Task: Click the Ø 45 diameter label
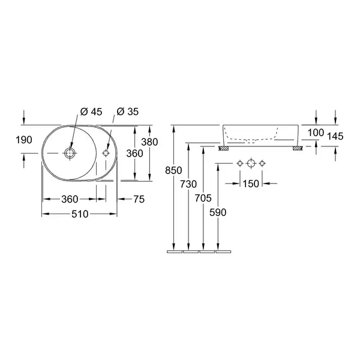pos(91,112)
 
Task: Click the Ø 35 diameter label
pos(128,112)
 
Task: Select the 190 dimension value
pos(24,140)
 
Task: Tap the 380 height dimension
pos(149,142)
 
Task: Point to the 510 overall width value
pos(80,214)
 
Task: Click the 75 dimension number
pos(139,199)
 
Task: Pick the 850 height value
pos(173,170)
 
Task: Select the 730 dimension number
pos(188,184)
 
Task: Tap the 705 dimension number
pos(203,198)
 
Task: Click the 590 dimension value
pos(218,212)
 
